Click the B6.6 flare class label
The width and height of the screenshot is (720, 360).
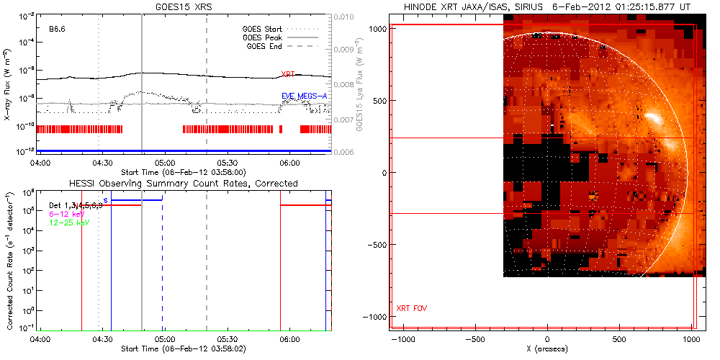coord(58,30)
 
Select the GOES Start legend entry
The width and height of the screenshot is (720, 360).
coord(265,30)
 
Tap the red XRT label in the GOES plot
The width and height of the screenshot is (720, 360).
coord(289,74)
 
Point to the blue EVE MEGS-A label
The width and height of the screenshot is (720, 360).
coord(305,96)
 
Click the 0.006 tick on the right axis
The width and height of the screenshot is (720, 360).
coord(346,152)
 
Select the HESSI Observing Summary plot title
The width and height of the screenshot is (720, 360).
coord(183,184)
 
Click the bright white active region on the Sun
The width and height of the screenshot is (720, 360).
coord(653,117)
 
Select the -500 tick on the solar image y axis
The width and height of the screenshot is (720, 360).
coord(375,245)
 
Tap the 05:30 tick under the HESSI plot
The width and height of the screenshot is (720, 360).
coord(228,338)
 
